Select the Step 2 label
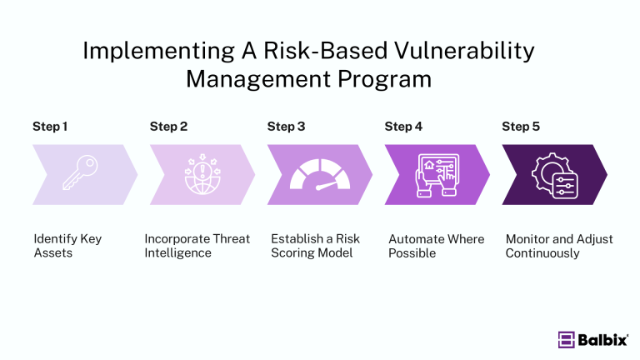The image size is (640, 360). point(168,127)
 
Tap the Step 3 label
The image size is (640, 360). point(286,127)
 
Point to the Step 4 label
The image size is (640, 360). point(403,127)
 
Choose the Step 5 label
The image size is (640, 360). point(521,127)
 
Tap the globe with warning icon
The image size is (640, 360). point(200,174)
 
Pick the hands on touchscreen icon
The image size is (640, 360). point(435,174)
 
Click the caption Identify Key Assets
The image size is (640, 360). point(67,246)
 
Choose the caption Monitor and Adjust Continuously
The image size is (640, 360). point(558,246)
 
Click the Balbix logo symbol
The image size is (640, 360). point(567,339)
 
